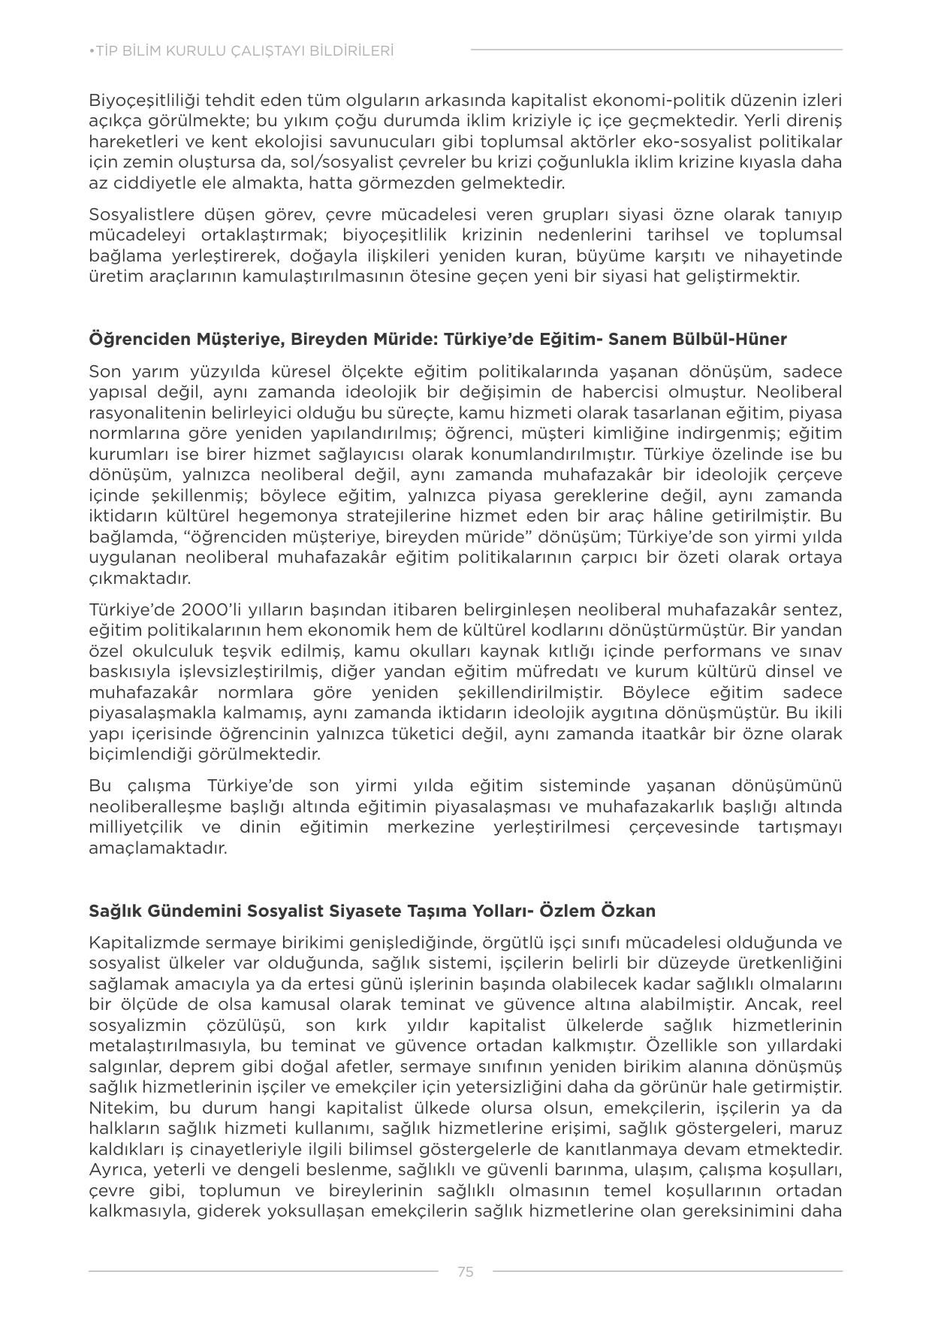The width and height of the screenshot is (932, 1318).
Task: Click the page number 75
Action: pos(465,1271)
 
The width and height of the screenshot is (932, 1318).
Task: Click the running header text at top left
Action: pos(241,51)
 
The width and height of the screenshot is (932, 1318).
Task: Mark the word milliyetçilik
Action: pos(139,827)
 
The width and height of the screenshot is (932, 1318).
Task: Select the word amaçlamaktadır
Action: pos(158,848)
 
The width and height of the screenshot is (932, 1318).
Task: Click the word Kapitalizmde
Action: pos(140,943)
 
